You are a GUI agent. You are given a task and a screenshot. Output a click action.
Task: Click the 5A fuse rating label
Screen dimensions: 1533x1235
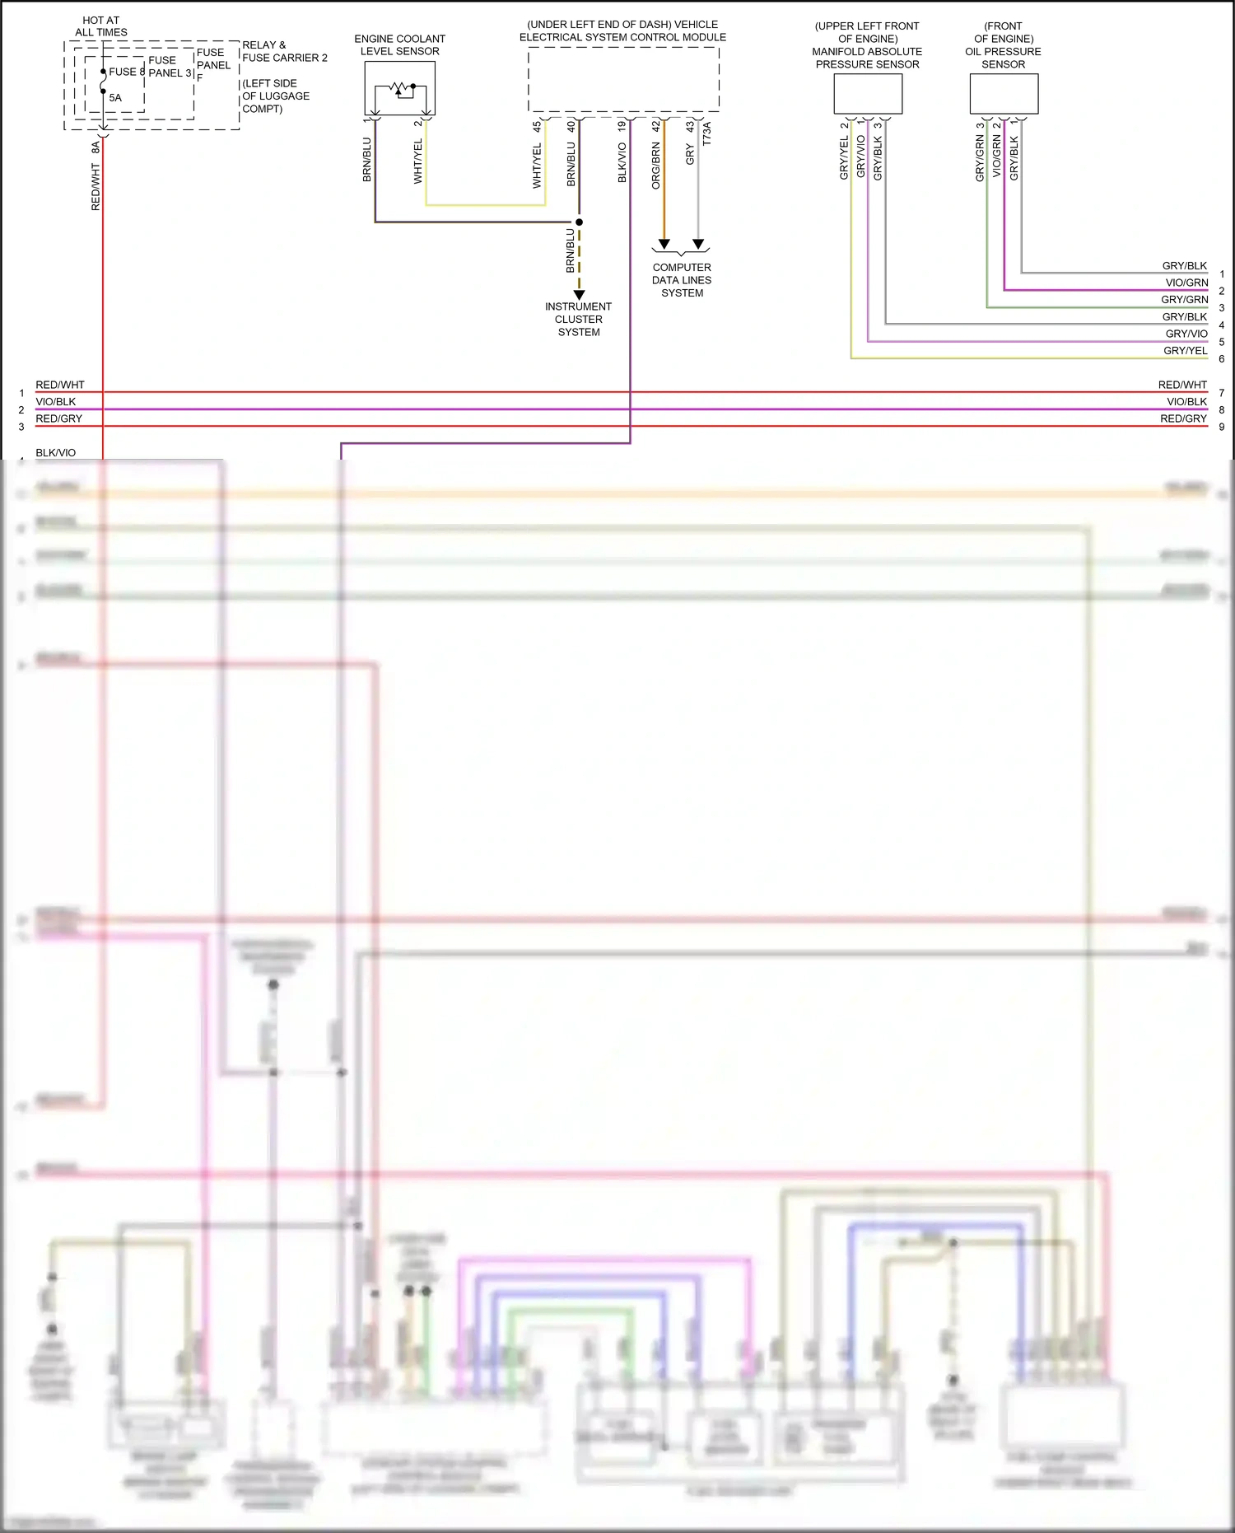[115, 97]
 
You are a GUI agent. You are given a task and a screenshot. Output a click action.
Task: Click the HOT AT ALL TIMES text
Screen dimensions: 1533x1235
[101, 26]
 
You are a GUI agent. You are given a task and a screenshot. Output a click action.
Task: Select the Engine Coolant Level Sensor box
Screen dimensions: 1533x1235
[399, 88]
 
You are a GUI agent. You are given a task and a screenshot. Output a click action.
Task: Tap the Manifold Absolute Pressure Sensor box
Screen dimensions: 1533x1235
[868, 94]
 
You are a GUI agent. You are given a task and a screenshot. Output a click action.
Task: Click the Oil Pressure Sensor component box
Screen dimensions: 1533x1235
[1004, 94]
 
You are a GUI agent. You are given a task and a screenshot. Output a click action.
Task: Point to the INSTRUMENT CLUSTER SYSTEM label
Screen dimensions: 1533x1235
[579, 320]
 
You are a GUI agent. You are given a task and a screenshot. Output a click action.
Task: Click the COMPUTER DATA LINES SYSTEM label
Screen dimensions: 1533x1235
[682, 280]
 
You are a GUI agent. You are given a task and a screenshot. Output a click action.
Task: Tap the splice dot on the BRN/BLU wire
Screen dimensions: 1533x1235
[579, 222]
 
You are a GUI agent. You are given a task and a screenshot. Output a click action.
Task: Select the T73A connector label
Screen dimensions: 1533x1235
[706, 133]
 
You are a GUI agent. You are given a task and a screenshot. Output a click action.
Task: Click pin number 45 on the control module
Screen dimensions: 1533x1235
[537, 127]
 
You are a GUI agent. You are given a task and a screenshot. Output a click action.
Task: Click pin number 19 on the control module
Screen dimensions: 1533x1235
[622, 127]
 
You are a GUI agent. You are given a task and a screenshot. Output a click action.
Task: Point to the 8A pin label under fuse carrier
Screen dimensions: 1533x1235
[96, 147]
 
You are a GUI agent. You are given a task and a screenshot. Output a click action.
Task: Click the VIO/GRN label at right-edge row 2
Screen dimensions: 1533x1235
[1186, 283]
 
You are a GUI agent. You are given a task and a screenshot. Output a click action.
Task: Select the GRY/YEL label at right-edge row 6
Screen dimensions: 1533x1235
[1185, 351]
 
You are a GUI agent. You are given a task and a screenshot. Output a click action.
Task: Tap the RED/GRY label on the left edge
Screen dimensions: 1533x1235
[58, 418]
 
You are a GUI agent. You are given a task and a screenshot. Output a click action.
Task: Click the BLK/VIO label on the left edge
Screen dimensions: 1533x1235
[55, 453]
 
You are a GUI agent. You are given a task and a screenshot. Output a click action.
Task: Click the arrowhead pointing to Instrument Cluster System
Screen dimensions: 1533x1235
[579, 294]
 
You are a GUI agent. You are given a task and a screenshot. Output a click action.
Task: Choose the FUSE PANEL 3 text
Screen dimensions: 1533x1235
[170, 67]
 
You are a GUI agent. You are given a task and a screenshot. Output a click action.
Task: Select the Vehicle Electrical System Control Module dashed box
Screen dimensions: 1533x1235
[623, 79]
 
